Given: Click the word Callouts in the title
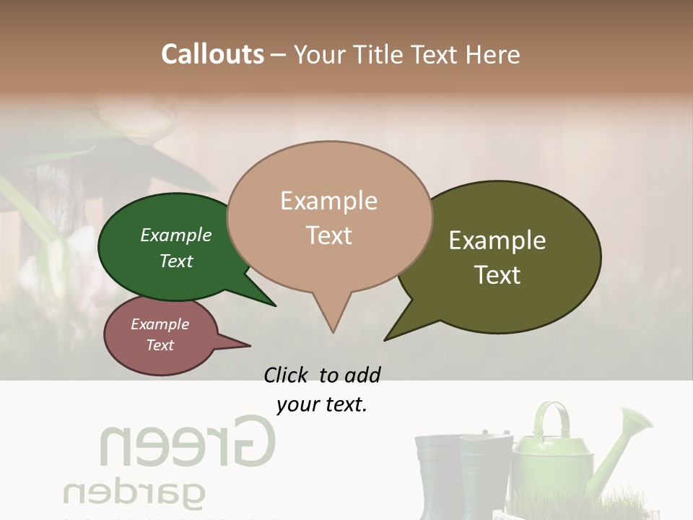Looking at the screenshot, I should (212, 54).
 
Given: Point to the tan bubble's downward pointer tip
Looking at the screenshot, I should (333, 331).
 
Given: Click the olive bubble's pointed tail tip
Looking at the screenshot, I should (386, 339).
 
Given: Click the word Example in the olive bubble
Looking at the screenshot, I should (497, 240).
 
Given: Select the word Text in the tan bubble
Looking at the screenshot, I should (329, 235).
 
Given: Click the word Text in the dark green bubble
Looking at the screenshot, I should (176, 261).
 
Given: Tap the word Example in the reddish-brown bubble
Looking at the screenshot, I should (160, 324).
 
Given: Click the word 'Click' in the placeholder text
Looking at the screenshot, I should (288, 375).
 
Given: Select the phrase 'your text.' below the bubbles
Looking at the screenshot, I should (322, 404).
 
